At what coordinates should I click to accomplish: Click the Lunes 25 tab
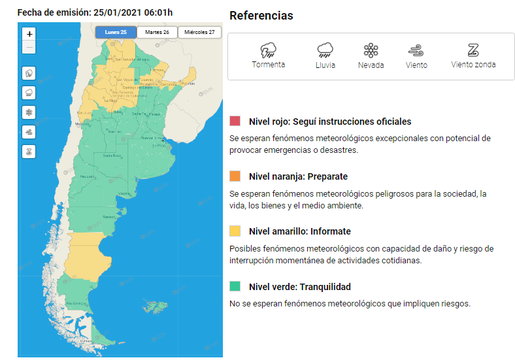tap(116, 32)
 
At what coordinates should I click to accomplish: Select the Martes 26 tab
tap(157, 32)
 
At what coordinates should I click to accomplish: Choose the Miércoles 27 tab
tap(199, 32)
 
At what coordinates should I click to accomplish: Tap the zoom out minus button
tap(29, 48)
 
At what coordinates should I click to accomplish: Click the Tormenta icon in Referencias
tap(268, 50)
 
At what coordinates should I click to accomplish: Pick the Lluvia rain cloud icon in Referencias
tap(325, 50)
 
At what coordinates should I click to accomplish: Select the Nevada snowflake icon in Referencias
tap(371, 50)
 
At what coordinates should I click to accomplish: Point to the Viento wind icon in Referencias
tap(416, 50)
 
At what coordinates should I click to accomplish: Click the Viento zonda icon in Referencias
tap(473, 50)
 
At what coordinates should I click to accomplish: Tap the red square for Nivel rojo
tap(235, 122)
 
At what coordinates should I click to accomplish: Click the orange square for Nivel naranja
tap(235, 176)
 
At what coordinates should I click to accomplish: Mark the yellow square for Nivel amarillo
tap(235, 231)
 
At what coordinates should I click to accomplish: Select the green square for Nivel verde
tap(235, 287)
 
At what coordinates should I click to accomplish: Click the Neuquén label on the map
tap(86, 177)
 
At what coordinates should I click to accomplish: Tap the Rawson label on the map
tap(109, 216)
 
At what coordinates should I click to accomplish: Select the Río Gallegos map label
tap(77, 304)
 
